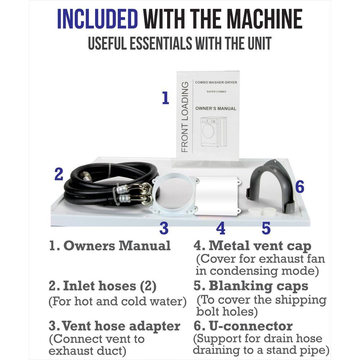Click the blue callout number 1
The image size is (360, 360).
[165, 98]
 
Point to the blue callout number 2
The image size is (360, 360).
[59, 174]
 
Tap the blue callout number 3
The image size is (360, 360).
[164, 228]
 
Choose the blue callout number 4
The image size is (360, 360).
[221, 228]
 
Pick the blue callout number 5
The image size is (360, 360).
[266, 228]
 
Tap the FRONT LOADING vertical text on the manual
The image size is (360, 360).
[185, 117]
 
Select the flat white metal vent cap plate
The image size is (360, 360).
[217, 196]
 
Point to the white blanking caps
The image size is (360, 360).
[261, 211]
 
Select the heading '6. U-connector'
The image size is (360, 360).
[243, 326]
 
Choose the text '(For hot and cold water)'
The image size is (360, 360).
[117, 301]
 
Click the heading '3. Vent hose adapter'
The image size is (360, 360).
[114, 326]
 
